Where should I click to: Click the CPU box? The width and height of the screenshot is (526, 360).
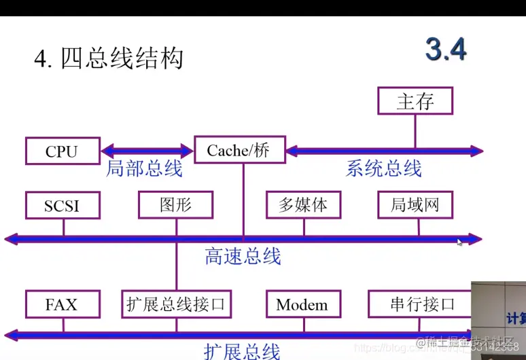click(x=62, y=151)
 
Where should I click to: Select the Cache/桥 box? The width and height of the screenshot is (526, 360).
click(x=238, y=150)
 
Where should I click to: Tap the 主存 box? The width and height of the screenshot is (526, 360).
click(x=415, y=101)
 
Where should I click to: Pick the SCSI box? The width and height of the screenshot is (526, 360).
click(x=62, y=205)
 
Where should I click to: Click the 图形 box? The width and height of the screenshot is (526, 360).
click(x=175, y=205)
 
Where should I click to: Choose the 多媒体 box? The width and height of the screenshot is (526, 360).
click(x=302, y=205)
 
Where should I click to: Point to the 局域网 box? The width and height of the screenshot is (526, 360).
click(x=415, y=205)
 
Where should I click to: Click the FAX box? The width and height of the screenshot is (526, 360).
click(x=62, y=304)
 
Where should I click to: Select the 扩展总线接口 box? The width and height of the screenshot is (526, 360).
click(x=175, y=304)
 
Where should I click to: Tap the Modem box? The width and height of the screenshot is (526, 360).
click(x=302, y=304)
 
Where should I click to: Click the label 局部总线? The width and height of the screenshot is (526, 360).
click(x=144, y=168)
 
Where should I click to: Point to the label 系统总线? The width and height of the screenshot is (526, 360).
click(x=384, y=168)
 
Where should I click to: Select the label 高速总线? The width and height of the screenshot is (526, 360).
click(x=243, y=256)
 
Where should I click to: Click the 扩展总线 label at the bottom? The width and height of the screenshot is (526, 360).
click(x=242, y=351)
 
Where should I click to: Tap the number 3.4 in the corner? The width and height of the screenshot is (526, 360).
click(x=446, y=50)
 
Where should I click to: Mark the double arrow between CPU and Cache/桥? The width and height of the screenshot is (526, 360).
click(x=146, y=150)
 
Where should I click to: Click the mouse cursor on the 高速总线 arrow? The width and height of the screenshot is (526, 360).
click(x=460, y=241)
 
